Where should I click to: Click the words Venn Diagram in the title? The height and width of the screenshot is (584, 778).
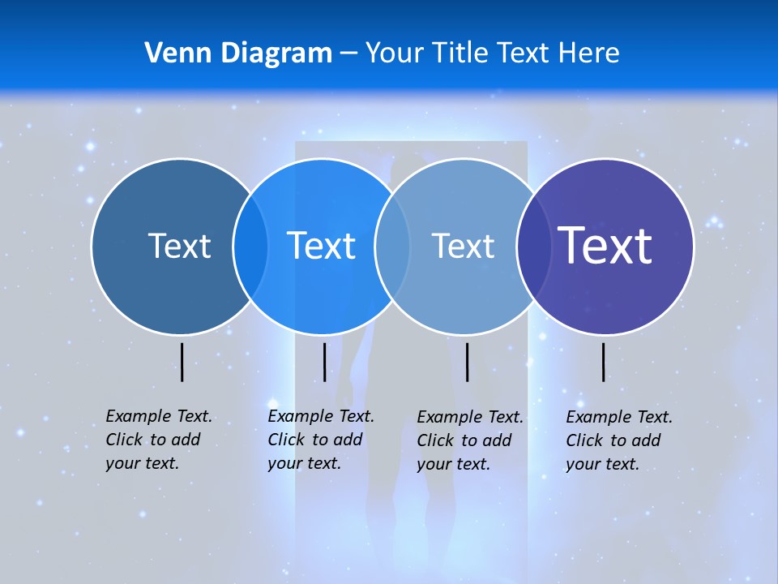coord(238,54)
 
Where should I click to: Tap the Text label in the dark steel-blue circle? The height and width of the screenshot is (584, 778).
coord(179,246)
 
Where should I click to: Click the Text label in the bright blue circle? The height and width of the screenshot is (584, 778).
coord(322,246)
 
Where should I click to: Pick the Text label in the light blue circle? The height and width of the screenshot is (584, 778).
coord(463,246)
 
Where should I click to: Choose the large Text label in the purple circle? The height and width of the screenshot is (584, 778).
coord(605,245)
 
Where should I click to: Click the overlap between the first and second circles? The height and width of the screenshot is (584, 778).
coord(250,246)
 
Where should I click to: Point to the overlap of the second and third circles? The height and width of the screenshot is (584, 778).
coord(392,246)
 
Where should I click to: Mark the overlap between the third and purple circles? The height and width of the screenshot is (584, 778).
coord(533,246)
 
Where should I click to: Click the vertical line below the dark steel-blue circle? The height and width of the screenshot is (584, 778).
coord(182,362)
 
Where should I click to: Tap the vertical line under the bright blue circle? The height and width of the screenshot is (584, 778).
coord(324,362)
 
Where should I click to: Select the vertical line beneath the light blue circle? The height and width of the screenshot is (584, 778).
coord(467,362)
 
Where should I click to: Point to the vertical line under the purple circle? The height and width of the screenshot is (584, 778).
coord(604,362)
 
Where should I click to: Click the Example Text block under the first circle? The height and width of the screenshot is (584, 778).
coord(158,440)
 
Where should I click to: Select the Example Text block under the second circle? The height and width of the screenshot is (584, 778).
coord(320,440)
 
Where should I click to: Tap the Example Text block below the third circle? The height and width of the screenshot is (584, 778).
coord(469,440)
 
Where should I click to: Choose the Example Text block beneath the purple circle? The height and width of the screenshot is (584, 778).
coord(618,440)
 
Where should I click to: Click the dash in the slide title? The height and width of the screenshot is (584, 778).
coord(348,54)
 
